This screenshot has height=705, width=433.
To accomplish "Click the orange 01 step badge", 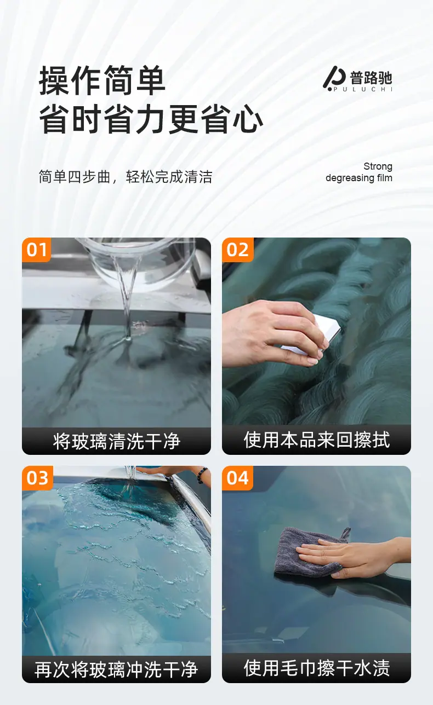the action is [x=36, y=250].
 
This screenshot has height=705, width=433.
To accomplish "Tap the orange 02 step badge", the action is [x=238, y=250].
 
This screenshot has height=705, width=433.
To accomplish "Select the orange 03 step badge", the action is [x=37, y=478].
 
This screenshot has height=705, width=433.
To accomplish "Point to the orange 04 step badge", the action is [x=238, y=478].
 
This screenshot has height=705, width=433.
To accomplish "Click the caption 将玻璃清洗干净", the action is [x=117, y=441].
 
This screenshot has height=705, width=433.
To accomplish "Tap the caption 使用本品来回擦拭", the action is [x=317, y=440].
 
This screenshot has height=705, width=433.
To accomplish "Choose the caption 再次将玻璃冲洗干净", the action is [x=116, y=669].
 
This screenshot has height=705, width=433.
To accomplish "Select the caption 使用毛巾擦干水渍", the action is [x=317, y=668].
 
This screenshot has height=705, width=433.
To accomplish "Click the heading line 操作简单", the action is [x=102, y=80].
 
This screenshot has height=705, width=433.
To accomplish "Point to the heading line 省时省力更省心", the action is [x=151, y=119].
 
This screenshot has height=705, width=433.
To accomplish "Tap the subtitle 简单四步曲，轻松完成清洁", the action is [x=126, y=177].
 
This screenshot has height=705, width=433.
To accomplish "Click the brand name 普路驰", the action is [x=371, y=77].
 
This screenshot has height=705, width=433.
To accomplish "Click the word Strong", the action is [x=378, y=166].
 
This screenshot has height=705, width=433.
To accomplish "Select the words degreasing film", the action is [x=359, y=178].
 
